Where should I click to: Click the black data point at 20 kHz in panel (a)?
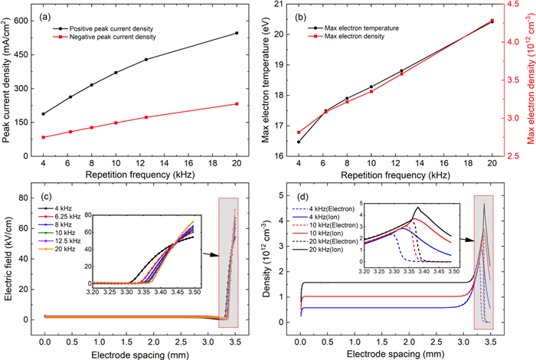click(x=237, y=33)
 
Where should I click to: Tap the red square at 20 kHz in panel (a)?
click(x=237, y=104)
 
